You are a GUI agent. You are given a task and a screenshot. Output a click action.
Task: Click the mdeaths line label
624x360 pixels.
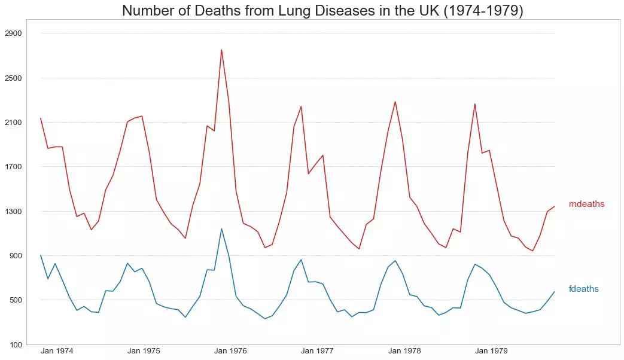pos(586,204)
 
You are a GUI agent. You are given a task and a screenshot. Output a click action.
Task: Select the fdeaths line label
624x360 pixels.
pos(583,289)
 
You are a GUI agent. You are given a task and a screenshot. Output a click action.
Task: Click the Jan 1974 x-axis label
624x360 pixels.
pos(57,351)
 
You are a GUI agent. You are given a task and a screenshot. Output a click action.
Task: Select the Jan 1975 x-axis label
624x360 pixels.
pos(144,351)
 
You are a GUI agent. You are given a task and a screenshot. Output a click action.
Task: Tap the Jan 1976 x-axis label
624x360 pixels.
pos(230,351)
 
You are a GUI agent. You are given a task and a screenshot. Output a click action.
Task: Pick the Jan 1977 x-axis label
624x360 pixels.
pos(317,351)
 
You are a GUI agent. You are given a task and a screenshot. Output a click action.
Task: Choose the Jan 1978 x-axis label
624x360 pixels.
pos(404,351)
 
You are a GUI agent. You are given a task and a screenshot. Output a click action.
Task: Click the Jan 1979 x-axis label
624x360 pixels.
pos(491,351)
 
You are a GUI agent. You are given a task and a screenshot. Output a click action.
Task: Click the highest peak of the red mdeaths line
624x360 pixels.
pos(221,50)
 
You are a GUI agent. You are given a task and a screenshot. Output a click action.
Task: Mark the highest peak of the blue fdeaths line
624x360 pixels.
pos(221,228)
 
